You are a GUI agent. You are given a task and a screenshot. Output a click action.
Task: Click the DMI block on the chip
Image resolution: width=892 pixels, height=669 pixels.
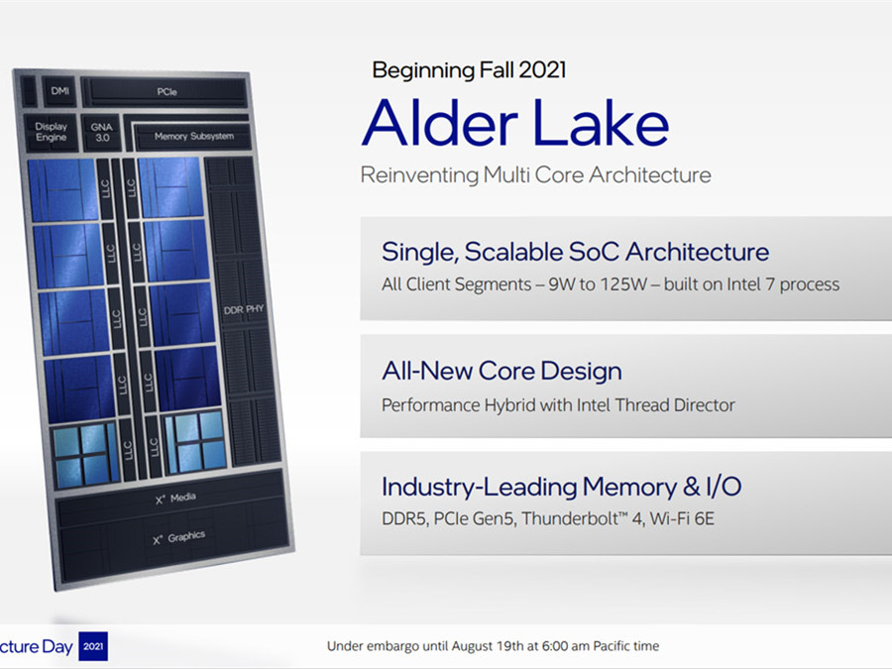click(59, 91)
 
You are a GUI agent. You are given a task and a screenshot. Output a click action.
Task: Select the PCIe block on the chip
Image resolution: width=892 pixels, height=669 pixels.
click(167, 91)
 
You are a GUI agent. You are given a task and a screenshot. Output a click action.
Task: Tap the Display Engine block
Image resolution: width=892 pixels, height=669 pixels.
click(51, 132)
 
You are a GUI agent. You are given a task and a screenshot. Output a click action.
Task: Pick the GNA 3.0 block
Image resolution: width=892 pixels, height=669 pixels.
click(102, 133)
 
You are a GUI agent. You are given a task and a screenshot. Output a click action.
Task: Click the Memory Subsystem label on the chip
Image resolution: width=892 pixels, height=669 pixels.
click(194, 136)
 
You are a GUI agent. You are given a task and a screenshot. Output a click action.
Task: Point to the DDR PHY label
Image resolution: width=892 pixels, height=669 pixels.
click(244, 309)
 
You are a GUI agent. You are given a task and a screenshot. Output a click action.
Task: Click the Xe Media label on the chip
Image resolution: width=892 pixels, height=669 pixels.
click(175, 499)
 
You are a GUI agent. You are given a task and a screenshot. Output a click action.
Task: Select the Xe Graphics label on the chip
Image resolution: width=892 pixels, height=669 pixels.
click(178, 537)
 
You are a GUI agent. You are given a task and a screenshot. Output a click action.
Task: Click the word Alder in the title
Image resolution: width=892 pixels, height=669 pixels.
click(440, 123)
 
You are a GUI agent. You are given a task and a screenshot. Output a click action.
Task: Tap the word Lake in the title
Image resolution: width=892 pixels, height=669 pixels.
click(602, 123)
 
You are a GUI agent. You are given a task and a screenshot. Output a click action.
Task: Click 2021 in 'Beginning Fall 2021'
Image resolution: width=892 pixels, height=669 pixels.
click(542, 70)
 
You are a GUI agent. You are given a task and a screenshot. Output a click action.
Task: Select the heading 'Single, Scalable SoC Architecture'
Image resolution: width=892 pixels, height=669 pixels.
click(575, 252)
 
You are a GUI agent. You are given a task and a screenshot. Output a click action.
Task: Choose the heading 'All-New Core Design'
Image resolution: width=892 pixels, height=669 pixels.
click(502, 371)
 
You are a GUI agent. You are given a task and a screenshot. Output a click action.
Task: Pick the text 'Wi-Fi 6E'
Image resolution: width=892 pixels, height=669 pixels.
click(682, 518)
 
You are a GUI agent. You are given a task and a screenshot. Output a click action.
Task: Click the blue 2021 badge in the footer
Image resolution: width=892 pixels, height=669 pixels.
click(93, 646)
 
